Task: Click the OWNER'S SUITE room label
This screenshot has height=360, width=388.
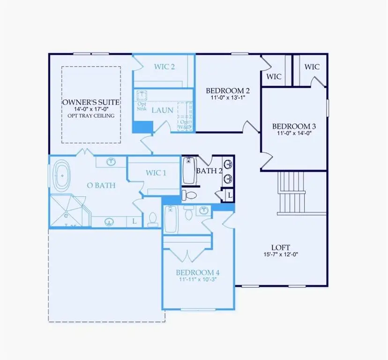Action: (x=91, y=102)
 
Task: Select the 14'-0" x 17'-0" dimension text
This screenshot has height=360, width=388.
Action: (x=91, y=109)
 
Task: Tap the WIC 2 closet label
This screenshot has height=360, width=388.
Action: (x=164, y=67)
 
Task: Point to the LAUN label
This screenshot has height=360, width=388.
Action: (x=162, y=110)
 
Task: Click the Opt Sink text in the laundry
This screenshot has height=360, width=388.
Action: (x=142, y=106)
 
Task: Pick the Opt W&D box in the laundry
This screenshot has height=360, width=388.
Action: (x=184, y=123)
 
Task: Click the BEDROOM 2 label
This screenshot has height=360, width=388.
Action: (x=228, y=90)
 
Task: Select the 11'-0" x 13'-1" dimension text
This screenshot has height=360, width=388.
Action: (x=228, y=97)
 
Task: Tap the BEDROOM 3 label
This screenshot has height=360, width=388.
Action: (x=294, y=126)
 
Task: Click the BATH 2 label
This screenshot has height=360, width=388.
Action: (x=209, y=171)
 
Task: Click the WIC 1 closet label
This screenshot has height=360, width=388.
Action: (x=156, y=173)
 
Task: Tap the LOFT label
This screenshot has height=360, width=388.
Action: (x=281, y=247)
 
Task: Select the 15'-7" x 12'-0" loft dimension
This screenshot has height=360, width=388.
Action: (x=281, y=255)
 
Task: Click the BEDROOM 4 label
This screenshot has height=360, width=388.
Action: (x=198, y=272)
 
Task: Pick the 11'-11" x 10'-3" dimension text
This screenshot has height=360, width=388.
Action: (x=198, y=279)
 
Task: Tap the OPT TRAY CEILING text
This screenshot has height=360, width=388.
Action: (x=91, y=115)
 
